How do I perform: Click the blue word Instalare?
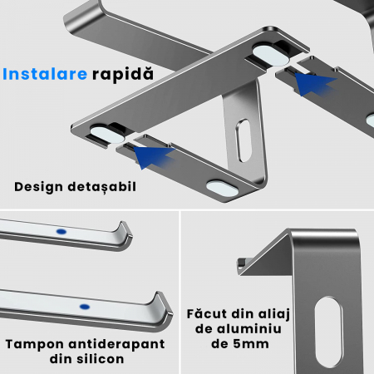pos(45,74)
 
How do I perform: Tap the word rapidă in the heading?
pos(123,74)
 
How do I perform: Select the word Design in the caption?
pos(38,187)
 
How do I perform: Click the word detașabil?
pos(102,187)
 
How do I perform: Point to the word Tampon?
pos(35,345)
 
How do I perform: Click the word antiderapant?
pos(116,344)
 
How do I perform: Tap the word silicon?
pos(101,359)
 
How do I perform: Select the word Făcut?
pos(207,314)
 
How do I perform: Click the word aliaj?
pos(274,315)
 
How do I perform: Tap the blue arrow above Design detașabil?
pos(153,157)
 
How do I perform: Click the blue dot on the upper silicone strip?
pos(62,231)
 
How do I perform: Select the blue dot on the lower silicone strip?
pos(85,307)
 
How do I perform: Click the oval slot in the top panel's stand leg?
pos(244,140)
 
